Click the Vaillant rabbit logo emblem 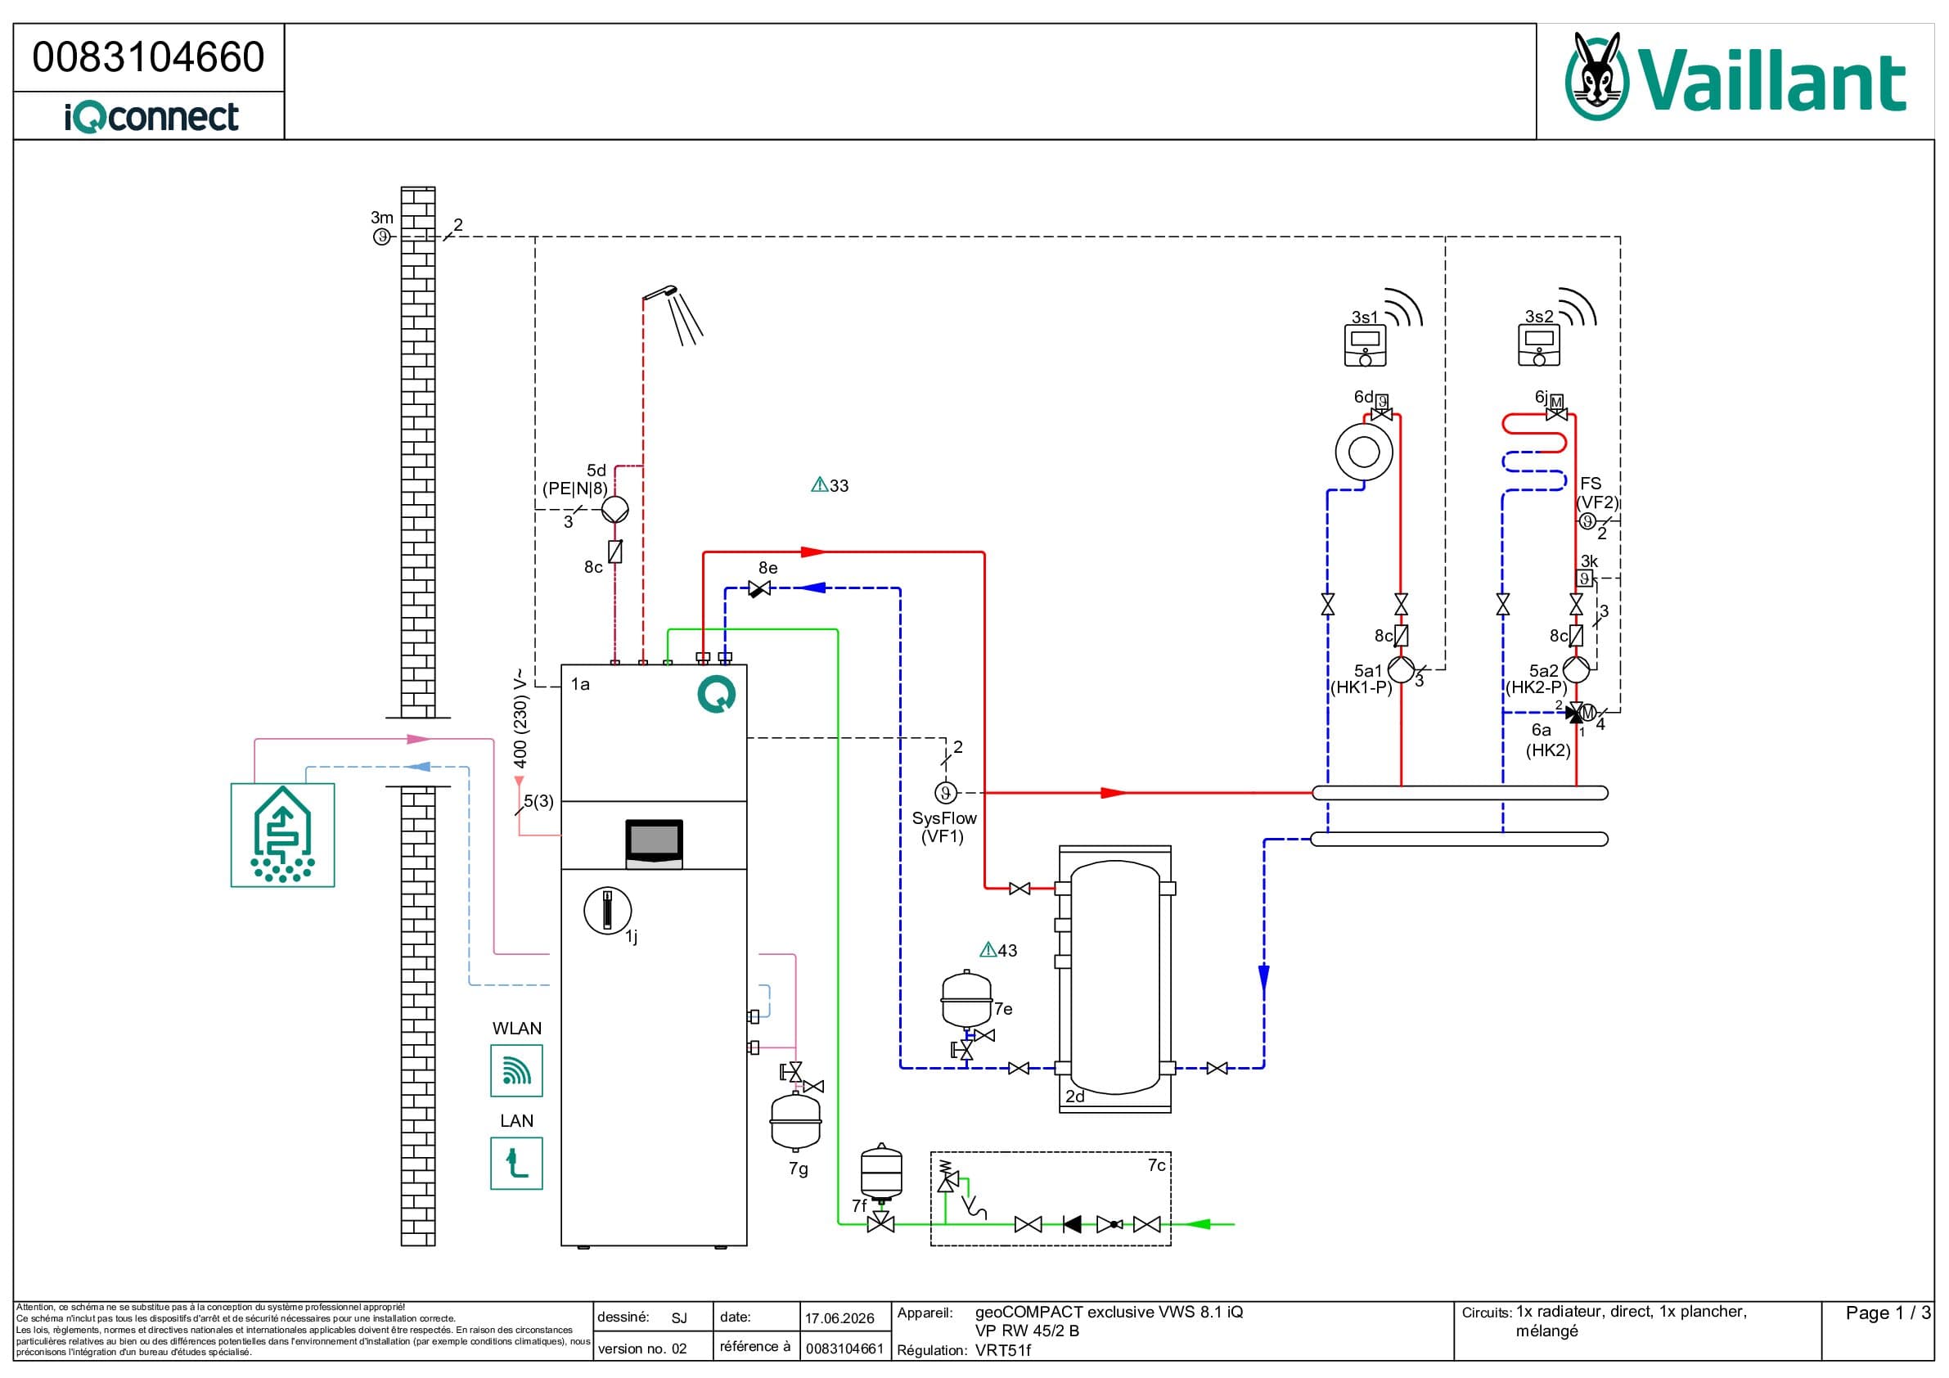click(x=1596, y=76)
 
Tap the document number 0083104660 click(x=149, y=57)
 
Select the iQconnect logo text click(x=151, y=116)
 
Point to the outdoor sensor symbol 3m click(x=382, y=236)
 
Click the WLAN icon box click(x=516, y=1070)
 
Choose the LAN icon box click(x=516, y=1163)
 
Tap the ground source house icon click(x=282, y=835)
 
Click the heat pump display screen click(x=654, y=844)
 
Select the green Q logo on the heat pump click(x=717, y=695)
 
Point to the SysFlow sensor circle click(x=946, y=793)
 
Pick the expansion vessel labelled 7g click(x=795, y=1123)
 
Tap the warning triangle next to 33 click(x=819, y=484)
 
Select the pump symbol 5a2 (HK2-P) click(x=1576, y=669)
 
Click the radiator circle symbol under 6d click(x=1363, y=452)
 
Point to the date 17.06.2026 click(x=839, y=1318)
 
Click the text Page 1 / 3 click(x=1887, y=1313)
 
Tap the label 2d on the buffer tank click(x=1074, y=1097)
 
